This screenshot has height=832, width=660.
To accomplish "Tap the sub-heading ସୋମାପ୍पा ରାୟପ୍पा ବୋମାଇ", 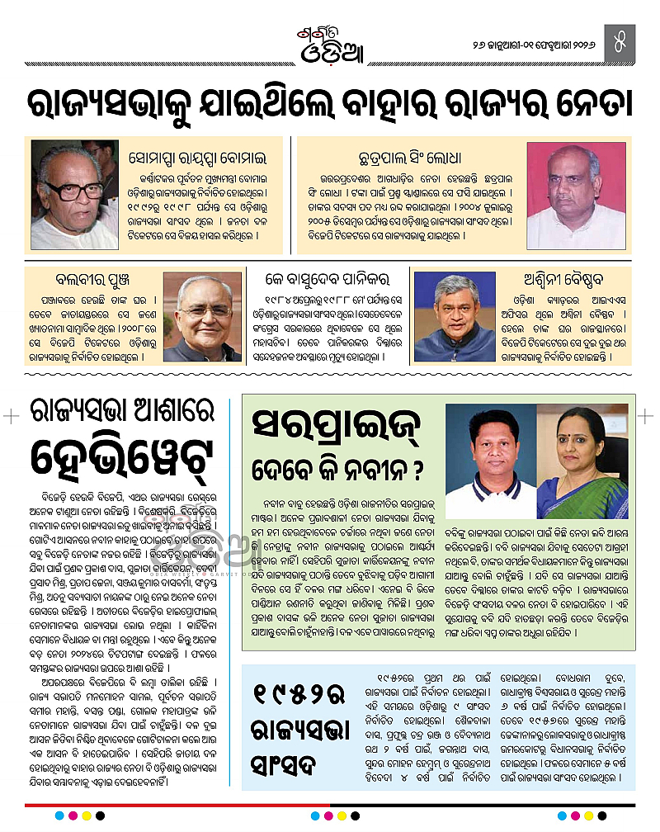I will (200, 156).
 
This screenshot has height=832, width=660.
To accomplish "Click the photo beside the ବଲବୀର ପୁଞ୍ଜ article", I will (202, 316).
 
